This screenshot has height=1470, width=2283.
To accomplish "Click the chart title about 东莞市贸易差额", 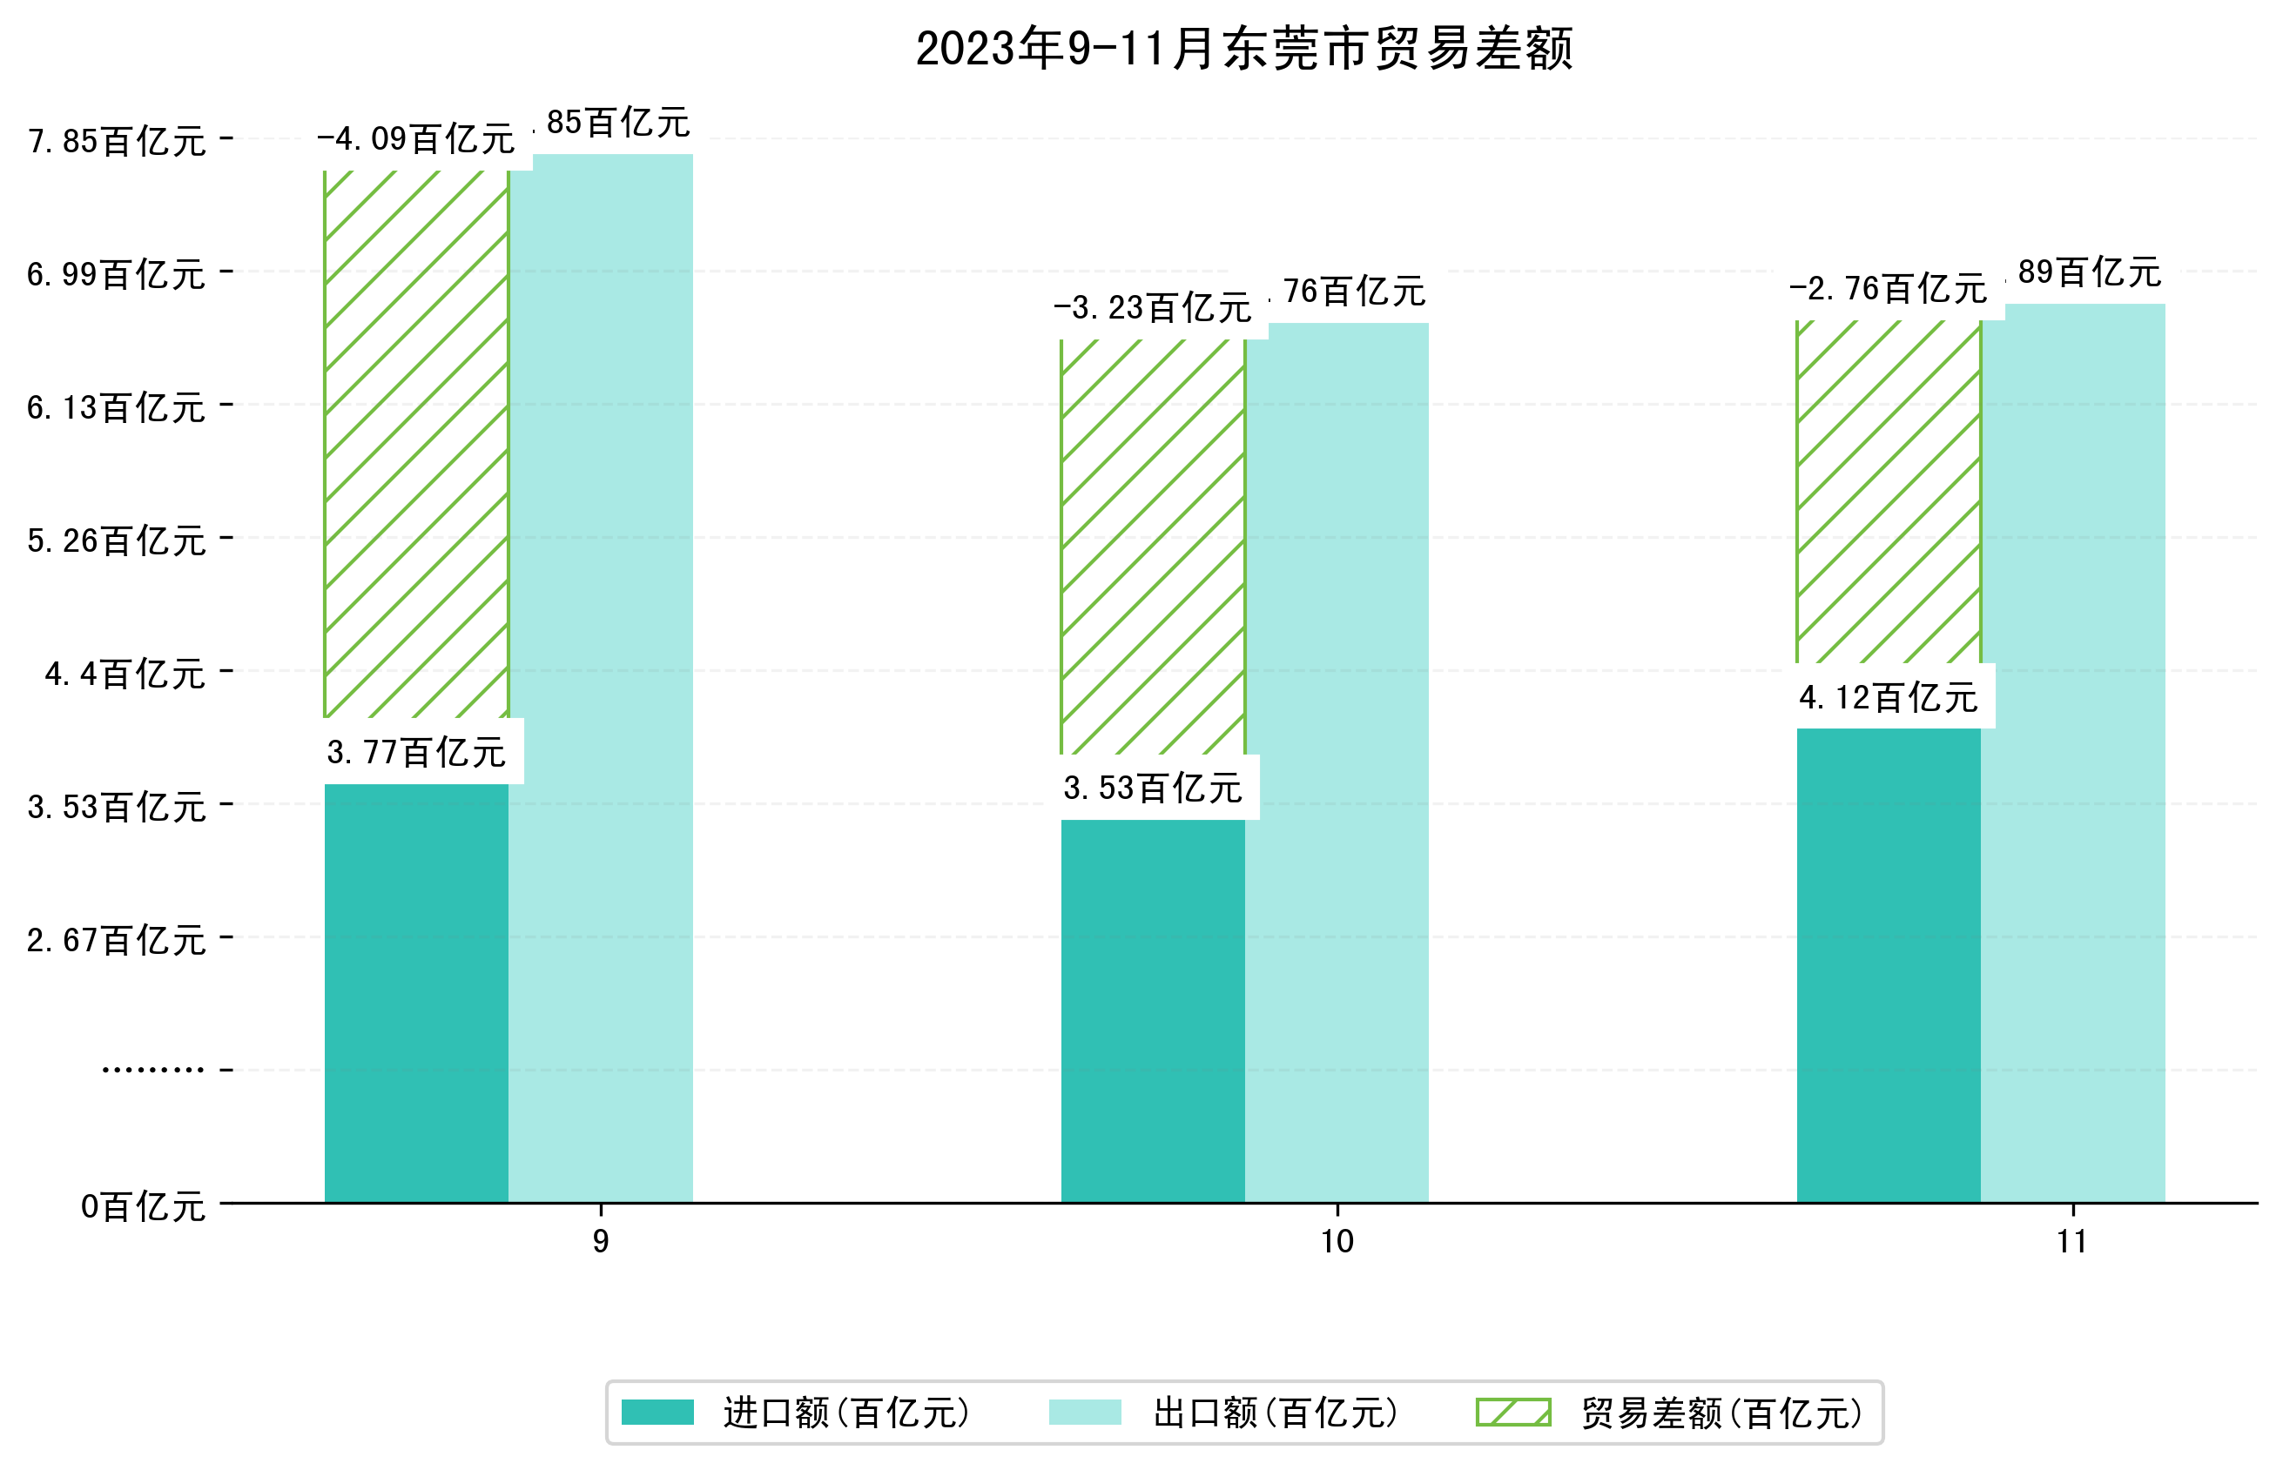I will coord(1243,49).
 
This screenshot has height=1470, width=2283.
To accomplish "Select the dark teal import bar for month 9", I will coord(416,993).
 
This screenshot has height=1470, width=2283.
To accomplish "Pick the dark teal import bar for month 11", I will coord(1888,964).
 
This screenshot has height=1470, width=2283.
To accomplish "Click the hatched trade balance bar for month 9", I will coord(416,444).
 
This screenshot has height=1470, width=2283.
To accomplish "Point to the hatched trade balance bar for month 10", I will coord(1153,546).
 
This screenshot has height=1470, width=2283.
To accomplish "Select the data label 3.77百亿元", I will coord(416,752).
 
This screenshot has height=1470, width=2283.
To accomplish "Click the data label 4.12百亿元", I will coord(1888,697).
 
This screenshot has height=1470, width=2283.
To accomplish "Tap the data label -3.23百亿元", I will coord(1153,307).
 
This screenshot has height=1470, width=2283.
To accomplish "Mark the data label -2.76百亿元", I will coord(1888,287).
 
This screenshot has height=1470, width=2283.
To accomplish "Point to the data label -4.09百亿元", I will coord(416,139).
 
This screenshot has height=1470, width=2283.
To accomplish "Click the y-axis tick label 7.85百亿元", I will coord(117,141).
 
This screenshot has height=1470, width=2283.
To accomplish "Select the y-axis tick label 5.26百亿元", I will coord(117,541).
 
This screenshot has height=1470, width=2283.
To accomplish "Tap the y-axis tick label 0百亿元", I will coord(143,1206).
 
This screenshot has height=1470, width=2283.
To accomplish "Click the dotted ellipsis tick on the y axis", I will coord(152,1070).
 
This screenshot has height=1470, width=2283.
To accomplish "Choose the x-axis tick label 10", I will coord(1337,1242).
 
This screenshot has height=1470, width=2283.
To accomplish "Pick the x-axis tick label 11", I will coord(2072,1242).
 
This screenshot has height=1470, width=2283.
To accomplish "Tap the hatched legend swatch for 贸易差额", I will coord(1513,1413).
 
